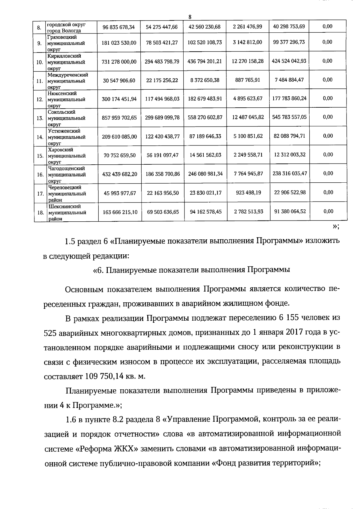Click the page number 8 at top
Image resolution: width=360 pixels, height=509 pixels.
[x=190, y=17]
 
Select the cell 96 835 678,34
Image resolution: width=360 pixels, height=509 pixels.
[x=119, y=27]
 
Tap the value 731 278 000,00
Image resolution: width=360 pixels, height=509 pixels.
[x=119, y=61]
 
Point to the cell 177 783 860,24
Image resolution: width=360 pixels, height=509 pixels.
[x=289, y=98]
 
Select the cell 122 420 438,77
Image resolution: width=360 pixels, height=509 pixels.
[x=162, y=136]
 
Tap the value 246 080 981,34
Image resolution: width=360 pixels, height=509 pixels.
[x=205, y=174]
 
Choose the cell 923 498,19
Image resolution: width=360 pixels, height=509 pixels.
[x=248, y=193]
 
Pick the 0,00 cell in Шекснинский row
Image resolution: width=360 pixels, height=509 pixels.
[x=328, y=211]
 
